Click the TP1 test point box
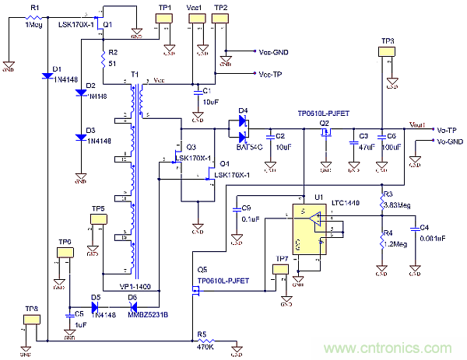coord(165,19)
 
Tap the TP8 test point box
coord(30,320)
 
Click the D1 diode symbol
coord(47,76)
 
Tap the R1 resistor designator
coord(33,7)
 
